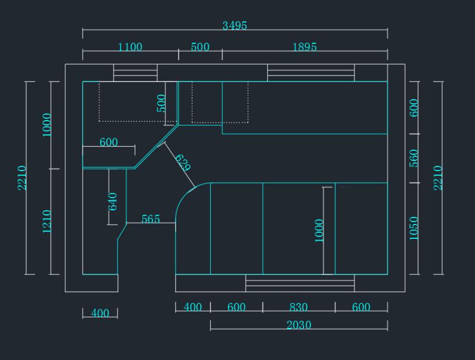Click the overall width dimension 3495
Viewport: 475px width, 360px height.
pos(235,26)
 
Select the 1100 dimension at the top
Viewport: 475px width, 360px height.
pos(130,47)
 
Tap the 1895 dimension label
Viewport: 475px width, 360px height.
pos(305,47)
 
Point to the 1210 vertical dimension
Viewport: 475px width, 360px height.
pos(47,222)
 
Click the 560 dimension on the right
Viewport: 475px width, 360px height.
pos(414,158)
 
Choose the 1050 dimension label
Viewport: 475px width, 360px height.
pos(414,229)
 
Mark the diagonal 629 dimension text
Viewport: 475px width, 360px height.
pos(183,163)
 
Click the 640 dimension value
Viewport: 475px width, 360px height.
pos(112,201)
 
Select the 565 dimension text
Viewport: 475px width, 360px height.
pos(151,219)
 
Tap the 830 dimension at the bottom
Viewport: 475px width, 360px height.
pos(299,307)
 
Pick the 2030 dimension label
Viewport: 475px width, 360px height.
pos(299,325)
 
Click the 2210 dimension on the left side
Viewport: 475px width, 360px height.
pos(22,178)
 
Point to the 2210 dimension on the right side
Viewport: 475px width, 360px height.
pos(438,178)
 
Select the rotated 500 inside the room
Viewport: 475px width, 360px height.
pos(161,103)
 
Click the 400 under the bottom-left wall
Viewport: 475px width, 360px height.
pos(100,313)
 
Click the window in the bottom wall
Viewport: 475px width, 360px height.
pos(300,283)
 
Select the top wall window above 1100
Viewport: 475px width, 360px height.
pos(135,72)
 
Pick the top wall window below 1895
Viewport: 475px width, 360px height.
pos(311,72)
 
